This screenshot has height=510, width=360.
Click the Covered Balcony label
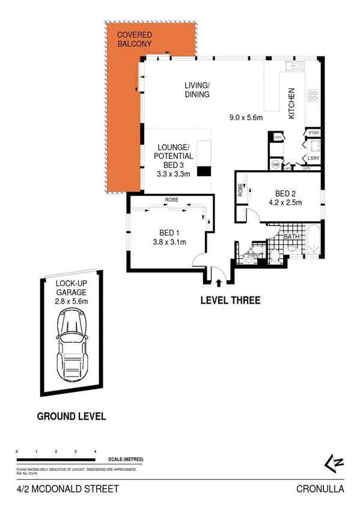pos(135,39)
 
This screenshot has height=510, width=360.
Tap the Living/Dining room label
pos(197,90)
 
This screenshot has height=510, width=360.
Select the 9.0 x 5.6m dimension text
pos(246,118)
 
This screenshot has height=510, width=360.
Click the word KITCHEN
pos(291,103)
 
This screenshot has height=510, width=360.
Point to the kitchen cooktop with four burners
pos(313,94)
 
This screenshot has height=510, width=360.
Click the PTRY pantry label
pos(313,133)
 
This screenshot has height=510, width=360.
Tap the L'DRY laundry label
pos(313,158)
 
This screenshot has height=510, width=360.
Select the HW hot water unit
pos(276,164)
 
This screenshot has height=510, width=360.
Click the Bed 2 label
pos(285,194)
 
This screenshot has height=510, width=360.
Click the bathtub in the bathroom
pos(313,241)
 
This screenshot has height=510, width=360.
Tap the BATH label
pos(292,237)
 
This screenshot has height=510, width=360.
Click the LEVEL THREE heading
pos(230,300)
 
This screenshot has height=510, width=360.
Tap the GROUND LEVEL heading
pos(72,416)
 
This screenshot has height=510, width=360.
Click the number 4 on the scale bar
pos(95,450)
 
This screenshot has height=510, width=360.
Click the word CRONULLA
pos(320,489)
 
